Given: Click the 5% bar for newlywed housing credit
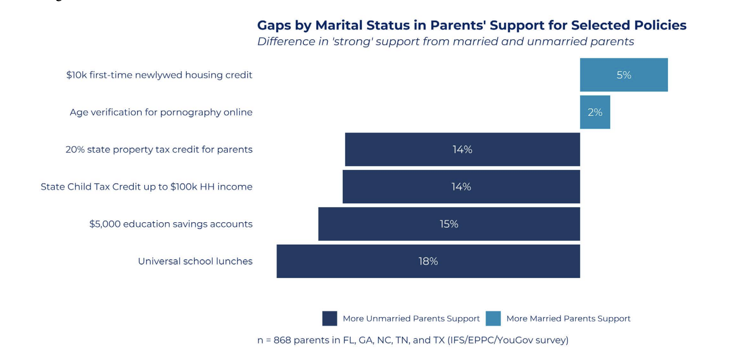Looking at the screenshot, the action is pos(624,75).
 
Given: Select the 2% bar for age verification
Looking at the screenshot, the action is pos(595,112).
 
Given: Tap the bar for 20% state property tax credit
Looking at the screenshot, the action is pos(462,149).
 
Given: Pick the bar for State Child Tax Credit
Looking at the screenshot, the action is pos(461,186).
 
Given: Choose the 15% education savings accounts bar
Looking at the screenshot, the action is pos(449,224).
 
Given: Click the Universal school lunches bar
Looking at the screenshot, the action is pos(428,261).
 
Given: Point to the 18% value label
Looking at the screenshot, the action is pos(428,261).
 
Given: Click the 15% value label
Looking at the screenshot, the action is pos(449,224).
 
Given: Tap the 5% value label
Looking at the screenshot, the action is pos(624,75).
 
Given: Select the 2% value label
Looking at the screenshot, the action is pos(595,112).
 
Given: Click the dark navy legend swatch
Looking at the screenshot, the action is pos(330,318).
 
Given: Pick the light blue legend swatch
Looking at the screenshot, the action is pos(493,318).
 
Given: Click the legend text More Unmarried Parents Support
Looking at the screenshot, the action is pos(411,319).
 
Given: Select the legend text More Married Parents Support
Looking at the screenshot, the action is pos(568,319).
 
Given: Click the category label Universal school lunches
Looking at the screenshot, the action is pos(195,261).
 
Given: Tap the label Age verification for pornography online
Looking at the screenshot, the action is pos(161,112).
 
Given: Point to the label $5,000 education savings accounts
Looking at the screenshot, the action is pos(171,224).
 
